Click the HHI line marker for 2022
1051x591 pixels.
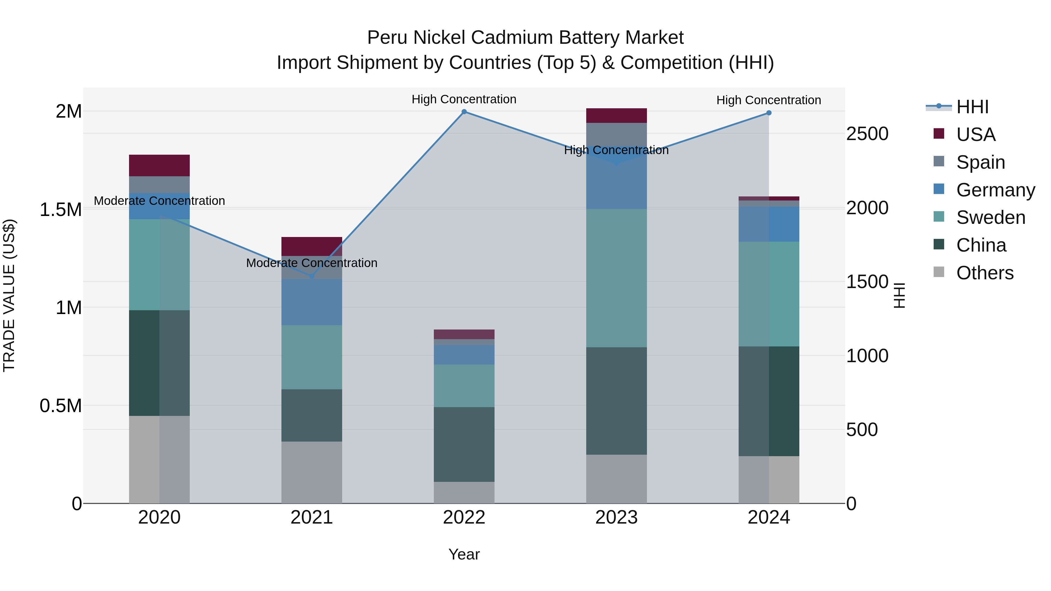464,112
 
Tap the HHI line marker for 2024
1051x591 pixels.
769,113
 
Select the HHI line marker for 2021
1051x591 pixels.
312,276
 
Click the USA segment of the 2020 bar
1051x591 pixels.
159,165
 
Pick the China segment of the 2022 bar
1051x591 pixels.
464,444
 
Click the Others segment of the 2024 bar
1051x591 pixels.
769,479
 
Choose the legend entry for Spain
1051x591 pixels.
980,162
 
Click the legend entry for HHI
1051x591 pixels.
972,107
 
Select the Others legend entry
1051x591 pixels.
984,273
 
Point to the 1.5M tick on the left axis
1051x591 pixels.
60,210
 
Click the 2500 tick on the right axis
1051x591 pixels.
867,134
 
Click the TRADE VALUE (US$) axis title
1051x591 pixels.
9,295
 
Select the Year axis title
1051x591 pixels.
464,554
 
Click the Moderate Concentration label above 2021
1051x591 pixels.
312,263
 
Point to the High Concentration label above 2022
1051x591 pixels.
464,100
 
